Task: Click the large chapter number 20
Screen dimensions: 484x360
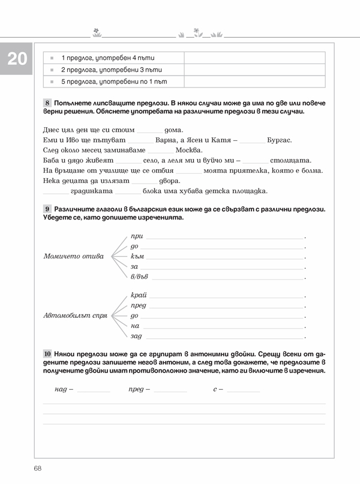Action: tap(17, 59)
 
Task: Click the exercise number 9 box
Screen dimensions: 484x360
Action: tap(47, 209)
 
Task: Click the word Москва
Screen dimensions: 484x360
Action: tap(189, 150)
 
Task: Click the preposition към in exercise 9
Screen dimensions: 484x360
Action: tap(137, 256)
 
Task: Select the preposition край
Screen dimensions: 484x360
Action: tap(138, 296)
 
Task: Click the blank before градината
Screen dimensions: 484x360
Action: tap(56, 192)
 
